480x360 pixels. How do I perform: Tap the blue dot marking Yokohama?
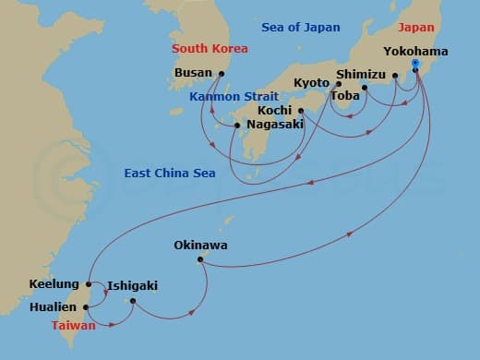[416, 65]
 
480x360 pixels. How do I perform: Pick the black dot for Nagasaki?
[237, 126]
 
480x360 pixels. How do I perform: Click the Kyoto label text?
[311, 83]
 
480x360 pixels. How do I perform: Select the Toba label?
[344, 94]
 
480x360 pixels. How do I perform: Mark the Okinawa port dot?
[199, 260]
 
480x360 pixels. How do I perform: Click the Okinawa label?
[200, 246]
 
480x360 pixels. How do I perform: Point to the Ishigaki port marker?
[133, 301]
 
